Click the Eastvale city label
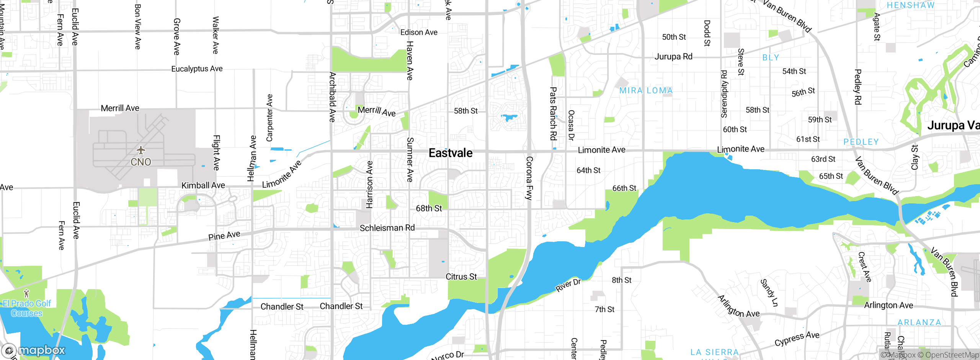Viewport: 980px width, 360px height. point(450,153)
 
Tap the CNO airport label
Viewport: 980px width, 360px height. point(141,162)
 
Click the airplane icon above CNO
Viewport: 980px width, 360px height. point(141,150)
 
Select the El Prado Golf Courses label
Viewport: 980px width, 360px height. point(26,308)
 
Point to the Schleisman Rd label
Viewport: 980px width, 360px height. point(387,228)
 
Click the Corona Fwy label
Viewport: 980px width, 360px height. point(529,178)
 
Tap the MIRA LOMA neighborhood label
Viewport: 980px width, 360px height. point(646,91)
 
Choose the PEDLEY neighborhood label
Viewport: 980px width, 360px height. point(861,142)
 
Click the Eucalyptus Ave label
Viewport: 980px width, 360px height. point(197,69)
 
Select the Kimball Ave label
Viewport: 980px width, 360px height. point(203,185)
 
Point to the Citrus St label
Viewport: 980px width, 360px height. point(461,277)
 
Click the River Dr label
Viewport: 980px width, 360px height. point(568,285)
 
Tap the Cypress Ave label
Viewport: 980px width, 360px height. point(797,339)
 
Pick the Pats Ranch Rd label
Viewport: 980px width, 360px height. point(553,113)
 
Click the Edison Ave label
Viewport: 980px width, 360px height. point(419,33)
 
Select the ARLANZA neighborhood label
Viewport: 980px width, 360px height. point(919,322)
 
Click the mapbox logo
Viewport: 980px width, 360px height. point(34,350)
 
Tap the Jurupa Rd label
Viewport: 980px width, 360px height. point(673,57)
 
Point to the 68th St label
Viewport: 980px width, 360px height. point(429,208)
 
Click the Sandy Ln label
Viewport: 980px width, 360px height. point(769,293)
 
